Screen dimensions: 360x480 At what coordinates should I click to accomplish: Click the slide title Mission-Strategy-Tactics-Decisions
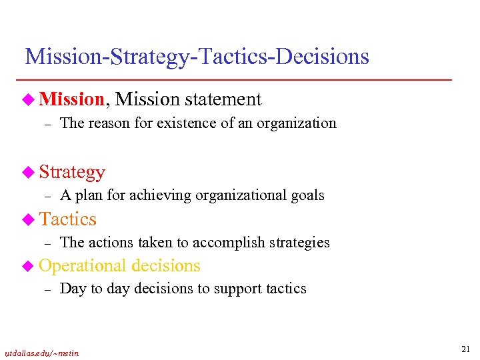pyautogui.click(x=197, y=57)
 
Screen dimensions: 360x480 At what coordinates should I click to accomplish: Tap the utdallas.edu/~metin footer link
pyautogui.click(x=42, y=353)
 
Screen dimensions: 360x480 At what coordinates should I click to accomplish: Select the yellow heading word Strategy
pyautogui.click(x=72, y=172)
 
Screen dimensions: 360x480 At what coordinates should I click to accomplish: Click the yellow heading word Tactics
pyautogui.click(x=67, y=219)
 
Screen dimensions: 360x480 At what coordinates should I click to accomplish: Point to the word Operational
pyautogui.click(x=83, y=265)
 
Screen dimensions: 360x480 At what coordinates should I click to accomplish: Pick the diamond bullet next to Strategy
pyautogui.click(x=29, y=172)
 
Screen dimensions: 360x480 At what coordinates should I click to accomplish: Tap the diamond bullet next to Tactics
pyautogui.click(x=29, y=219)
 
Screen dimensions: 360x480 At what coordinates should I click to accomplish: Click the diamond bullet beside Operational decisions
pyautogui.click(x=29, y=265)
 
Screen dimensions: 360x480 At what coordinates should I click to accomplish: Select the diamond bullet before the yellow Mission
pyautogui.click(x=29, y=99)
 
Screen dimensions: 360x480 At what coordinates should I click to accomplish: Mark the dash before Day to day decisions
pyautogui.click(x=47, y=289)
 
